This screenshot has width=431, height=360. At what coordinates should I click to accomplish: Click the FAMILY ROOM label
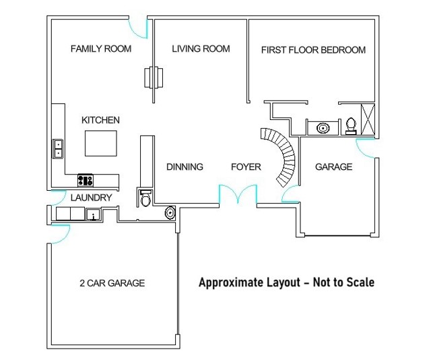coord(100,49)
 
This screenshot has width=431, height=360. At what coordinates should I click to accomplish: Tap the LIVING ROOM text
coord(201,49)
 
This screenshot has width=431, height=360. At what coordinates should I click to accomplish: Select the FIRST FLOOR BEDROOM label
coord(313,50)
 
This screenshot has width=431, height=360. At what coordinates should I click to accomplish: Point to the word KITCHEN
coord(100,120)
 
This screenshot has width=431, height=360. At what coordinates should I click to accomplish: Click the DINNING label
coord(185,167)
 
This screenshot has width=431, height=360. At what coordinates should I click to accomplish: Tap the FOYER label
coord(246,167)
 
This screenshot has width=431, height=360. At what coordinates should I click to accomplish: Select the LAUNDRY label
coord(90,198)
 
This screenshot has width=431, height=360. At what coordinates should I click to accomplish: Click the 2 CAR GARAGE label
coord(112,283)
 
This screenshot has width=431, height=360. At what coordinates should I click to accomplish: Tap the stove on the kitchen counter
coord(86,179)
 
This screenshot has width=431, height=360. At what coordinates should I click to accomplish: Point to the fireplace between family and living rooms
coord(153,76)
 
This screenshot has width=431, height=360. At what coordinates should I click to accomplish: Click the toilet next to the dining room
coord(145,198)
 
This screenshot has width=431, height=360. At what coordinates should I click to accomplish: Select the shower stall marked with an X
coord(368,119)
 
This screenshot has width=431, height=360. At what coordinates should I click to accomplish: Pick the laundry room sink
coord(93,214)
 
